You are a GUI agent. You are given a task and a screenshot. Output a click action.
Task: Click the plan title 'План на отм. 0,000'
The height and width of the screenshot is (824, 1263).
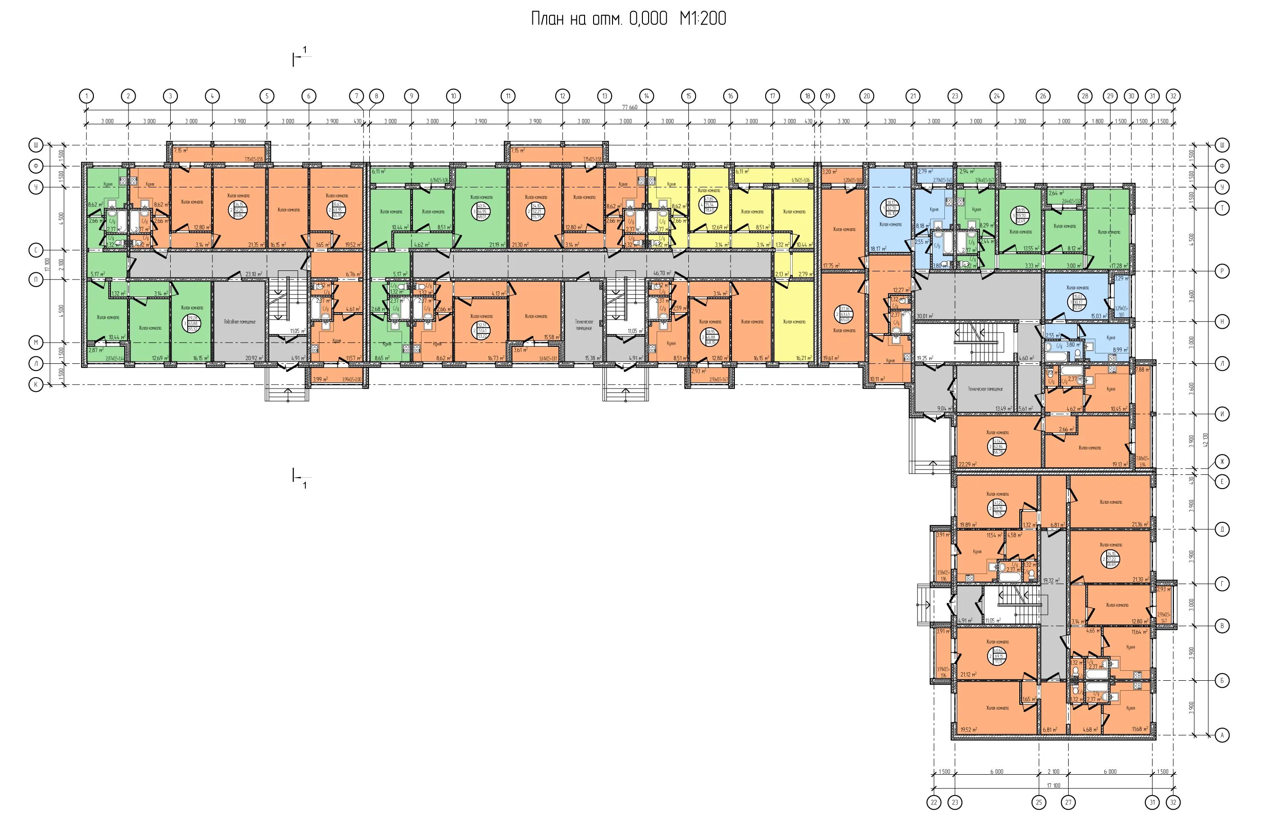coord(600,19)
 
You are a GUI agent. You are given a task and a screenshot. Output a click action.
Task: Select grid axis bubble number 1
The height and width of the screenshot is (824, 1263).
coord(86,96)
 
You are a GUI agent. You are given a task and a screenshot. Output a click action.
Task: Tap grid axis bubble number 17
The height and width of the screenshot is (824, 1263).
coord(772,96)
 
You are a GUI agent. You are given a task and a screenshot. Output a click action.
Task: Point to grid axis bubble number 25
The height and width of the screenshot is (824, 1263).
coord(1039,802)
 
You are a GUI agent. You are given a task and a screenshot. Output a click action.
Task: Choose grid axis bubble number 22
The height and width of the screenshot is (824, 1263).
coord(934,802)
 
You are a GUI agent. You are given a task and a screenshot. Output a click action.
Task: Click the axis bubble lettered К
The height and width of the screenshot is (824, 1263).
coord(36,385)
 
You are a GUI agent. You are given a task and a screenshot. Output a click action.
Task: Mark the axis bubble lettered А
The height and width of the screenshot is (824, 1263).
coord(1222,735)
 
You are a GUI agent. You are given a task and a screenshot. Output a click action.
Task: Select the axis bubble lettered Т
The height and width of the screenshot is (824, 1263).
coord(1222,208)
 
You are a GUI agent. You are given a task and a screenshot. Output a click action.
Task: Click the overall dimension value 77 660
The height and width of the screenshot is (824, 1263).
coord(630,107)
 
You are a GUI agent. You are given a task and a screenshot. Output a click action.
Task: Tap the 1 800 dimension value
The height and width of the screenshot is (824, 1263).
coord(1098,121)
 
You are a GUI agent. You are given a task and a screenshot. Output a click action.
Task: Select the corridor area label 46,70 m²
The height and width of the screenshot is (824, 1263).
coord(662,273)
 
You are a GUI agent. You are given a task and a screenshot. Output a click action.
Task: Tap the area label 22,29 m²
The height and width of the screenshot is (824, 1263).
coord(968,464)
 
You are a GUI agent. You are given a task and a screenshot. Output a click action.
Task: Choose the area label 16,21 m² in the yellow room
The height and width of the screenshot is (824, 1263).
coord(804,358)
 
